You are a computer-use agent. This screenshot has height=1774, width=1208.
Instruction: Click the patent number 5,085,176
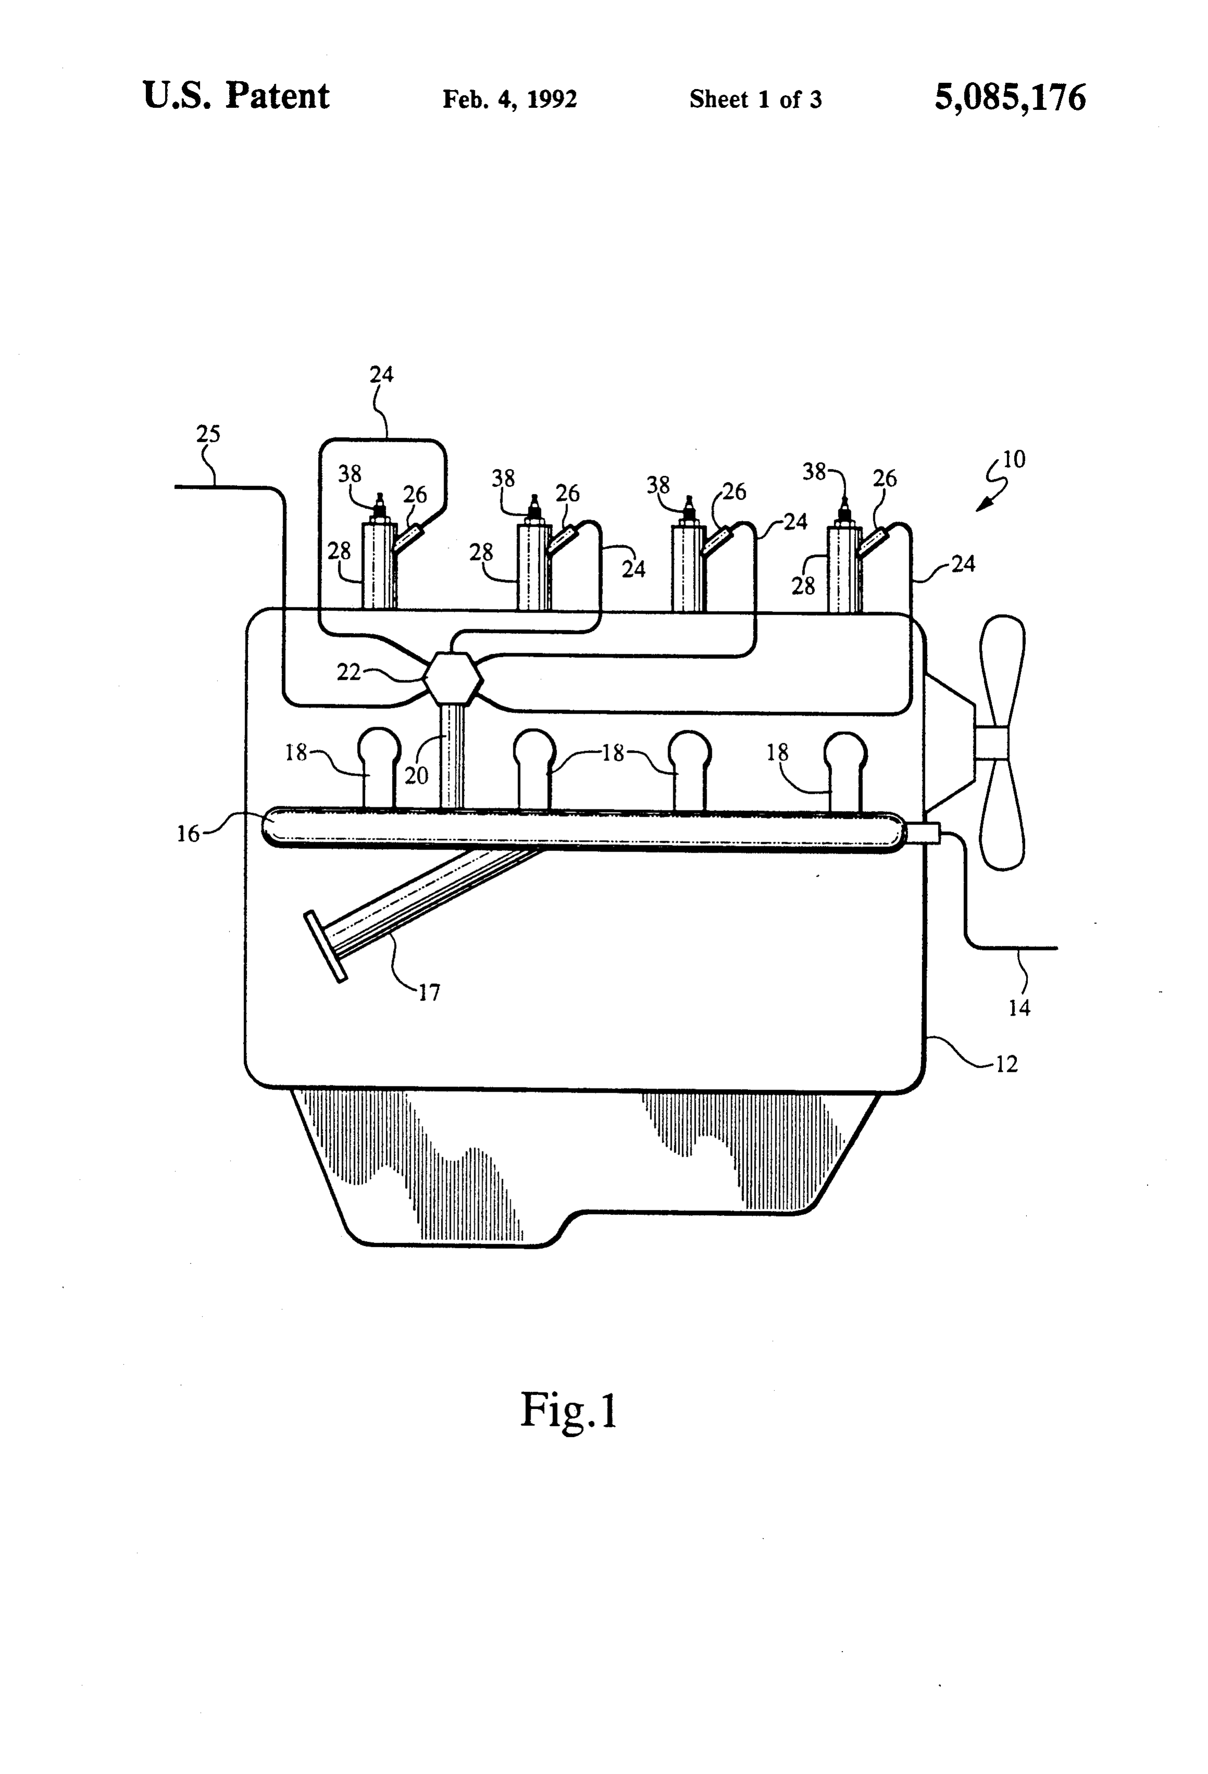[x=1010, y=98]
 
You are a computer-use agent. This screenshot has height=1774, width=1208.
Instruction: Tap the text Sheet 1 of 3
[x=755, y=99]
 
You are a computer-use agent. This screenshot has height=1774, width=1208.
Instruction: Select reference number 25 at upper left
[x=208, y=434]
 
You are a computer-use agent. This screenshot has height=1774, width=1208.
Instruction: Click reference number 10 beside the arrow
[x=1014, y=460]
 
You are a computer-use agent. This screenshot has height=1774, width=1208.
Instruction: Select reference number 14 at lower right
[x=1020, y=1008]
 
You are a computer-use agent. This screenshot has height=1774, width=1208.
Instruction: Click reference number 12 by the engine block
[x=1006, y=1064]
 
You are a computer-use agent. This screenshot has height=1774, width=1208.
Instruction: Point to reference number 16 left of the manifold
[x=188, y=833]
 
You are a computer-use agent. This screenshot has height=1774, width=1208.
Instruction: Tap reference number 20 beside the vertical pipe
[x=416, y=776]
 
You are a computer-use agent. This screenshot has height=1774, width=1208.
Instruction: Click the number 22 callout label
[x=348, y=671]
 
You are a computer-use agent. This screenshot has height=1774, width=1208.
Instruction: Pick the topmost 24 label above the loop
[x=382, y=374]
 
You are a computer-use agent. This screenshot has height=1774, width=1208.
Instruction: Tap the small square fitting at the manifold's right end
[x=923, y=833]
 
